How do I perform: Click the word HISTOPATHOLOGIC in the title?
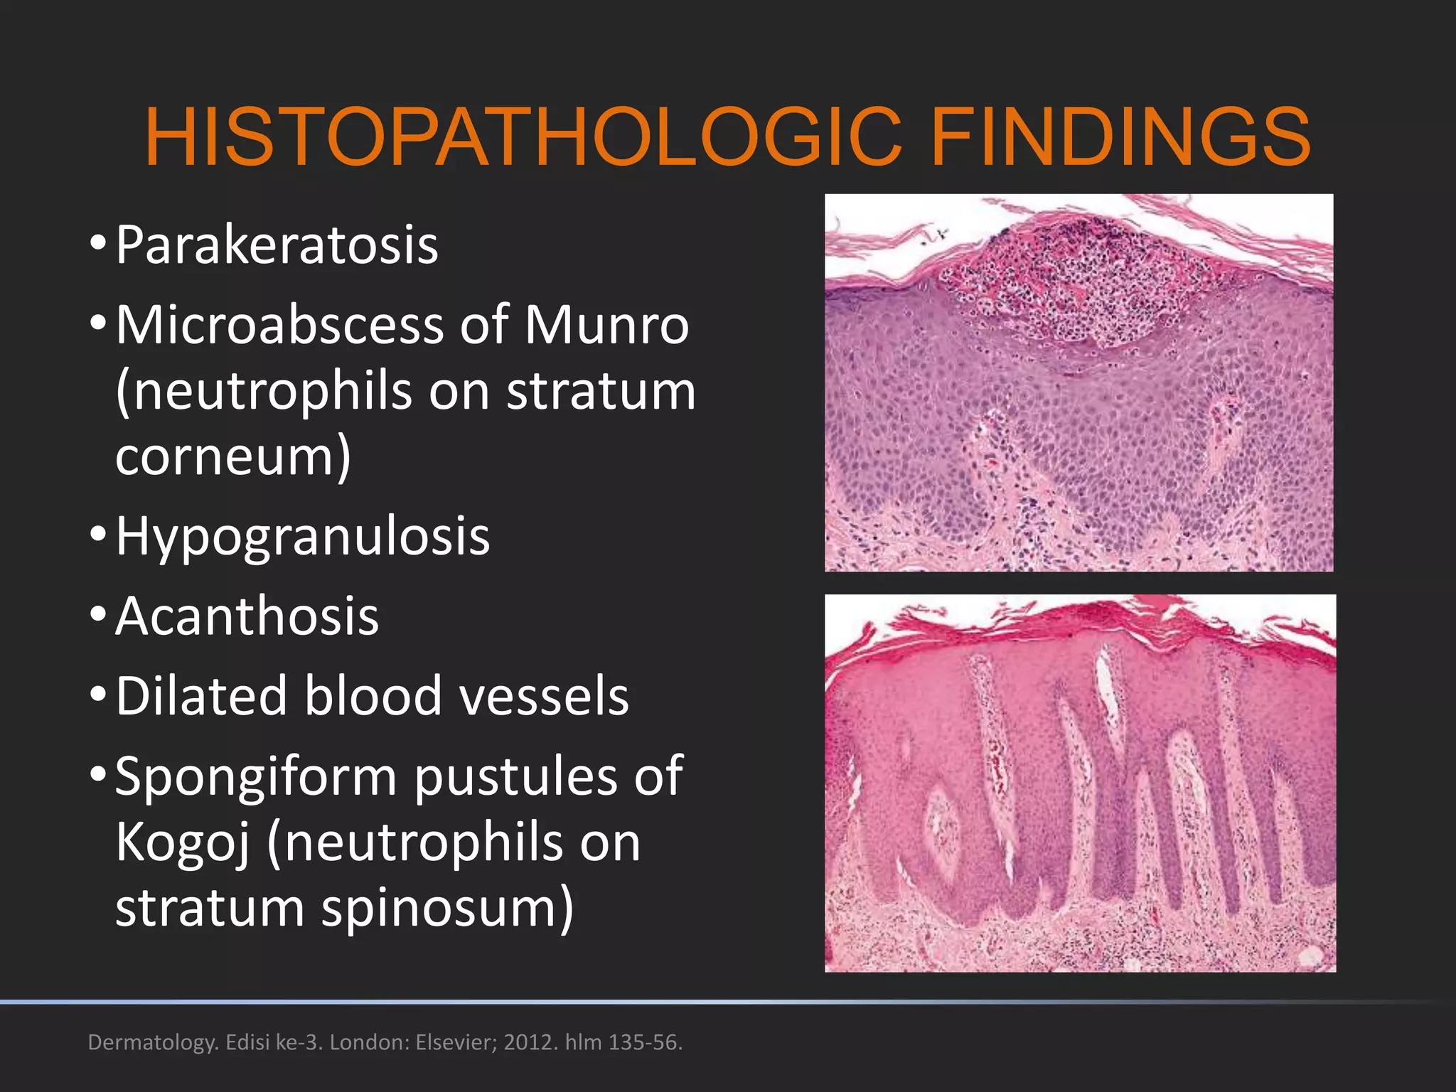(523, 136)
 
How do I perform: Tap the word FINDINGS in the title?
(1120, 136)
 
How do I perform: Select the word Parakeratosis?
(277, 245)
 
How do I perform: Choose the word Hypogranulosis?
(303, 536)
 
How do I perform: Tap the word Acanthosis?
(247, 616)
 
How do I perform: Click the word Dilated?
(200, 696)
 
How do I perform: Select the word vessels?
(544, 696)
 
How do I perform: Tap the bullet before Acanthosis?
(98, 613)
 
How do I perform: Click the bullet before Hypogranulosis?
(98, 533)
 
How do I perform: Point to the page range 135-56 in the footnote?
(644, 1042)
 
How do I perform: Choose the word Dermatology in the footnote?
(152, 1043)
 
